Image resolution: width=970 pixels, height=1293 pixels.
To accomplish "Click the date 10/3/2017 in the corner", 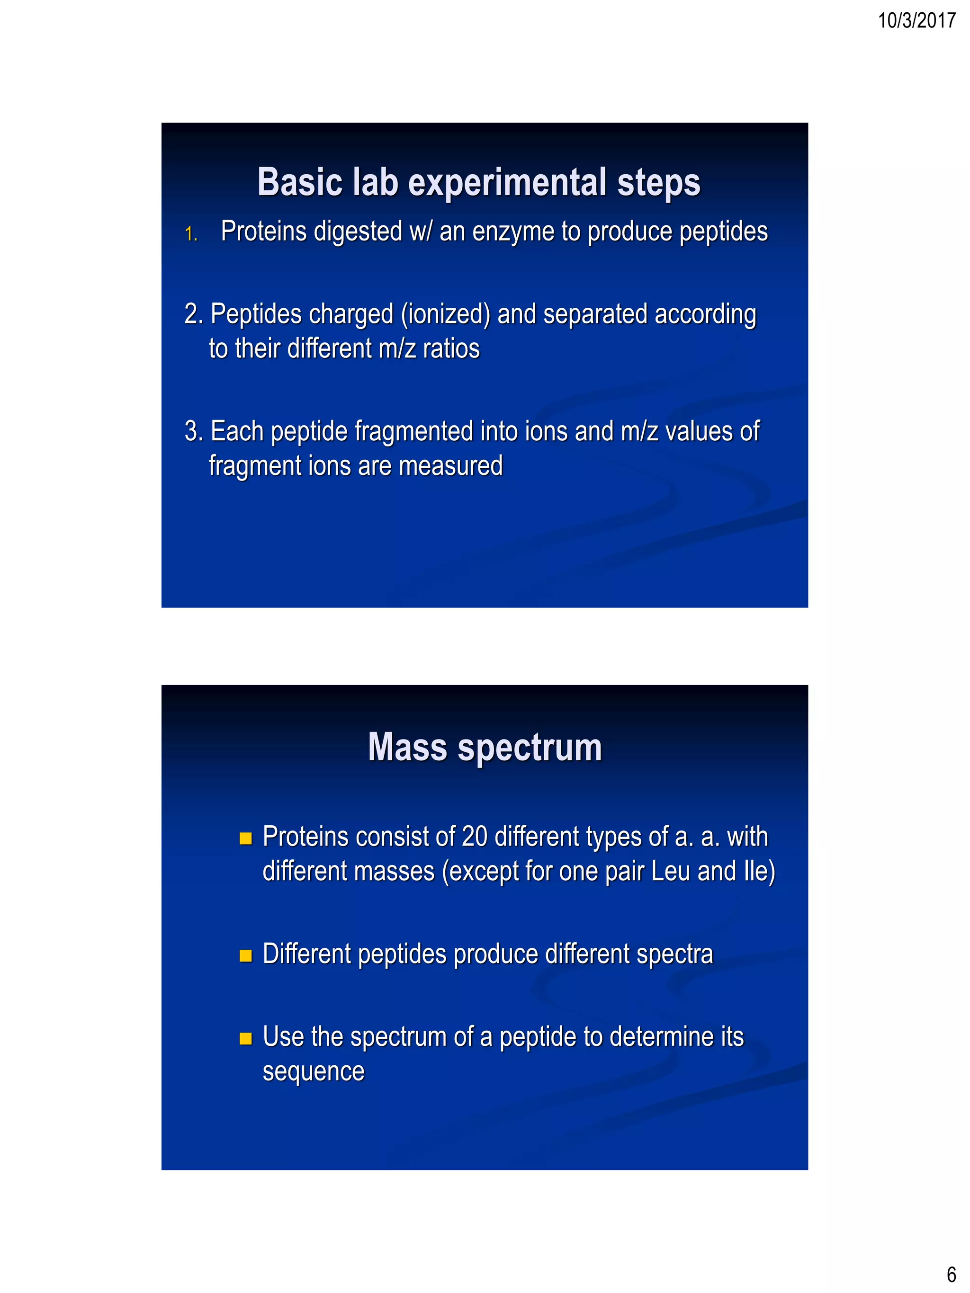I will click(x=916, y=20).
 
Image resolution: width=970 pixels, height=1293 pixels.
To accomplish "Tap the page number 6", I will click(x=951, y=1274).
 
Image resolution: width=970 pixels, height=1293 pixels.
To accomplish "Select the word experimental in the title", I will click(x=506, y=182).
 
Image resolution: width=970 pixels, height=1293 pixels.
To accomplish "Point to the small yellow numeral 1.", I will click(x=190, y=234).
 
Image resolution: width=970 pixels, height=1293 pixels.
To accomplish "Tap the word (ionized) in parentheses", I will click(x=445, y=314).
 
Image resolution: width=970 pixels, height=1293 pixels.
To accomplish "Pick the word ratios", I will click(x=451, y=349).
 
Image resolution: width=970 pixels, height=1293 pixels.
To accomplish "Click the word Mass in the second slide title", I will click(x=407, y=748).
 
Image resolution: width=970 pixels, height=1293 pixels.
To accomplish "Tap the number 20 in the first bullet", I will click(x=474, y=837).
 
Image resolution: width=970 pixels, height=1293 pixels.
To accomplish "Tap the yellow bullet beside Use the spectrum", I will click(x=245, y=1039).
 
